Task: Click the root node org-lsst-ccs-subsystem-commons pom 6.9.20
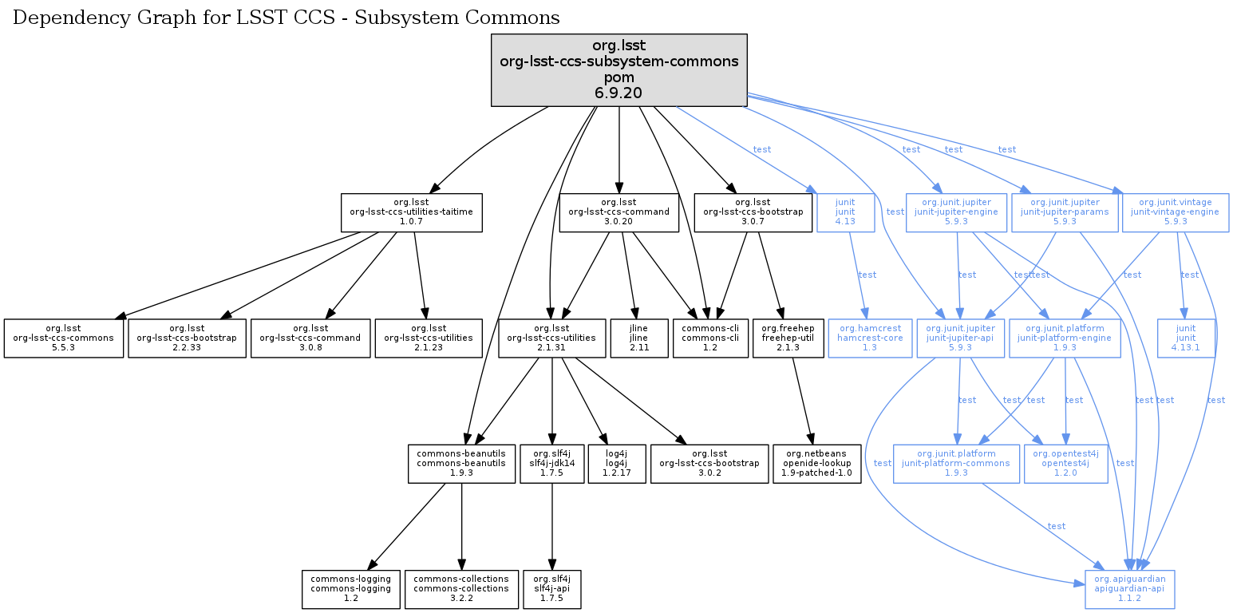coord(618,69)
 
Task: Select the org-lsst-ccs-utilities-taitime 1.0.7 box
coord(411,212)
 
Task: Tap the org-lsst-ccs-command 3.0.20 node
coord(619,212)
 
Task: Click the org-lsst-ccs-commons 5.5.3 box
coord(63,338)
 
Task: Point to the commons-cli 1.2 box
coord(710,338)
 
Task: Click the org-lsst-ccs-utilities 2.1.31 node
coord(553,338)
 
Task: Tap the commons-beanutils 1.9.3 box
coord(462,464)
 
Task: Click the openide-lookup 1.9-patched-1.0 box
coord(818,464)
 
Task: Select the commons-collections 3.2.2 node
coord(462,589)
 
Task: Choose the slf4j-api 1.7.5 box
coord(551,589)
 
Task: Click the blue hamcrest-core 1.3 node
coord(869,338)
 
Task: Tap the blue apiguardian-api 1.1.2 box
coord(1129,589)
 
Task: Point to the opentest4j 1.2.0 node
coord(1065,464)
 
